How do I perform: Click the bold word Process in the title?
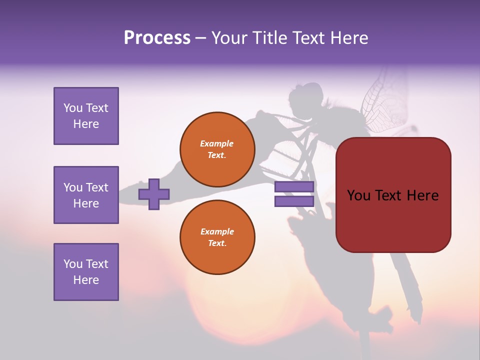coord(157,38)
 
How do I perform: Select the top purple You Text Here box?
coord(86,116)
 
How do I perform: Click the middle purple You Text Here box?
coord(86,195)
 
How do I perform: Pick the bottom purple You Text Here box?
coord(86,272)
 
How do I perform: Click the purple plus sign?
coord(154,194)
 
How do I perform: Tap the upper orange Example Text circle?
coord(217,149)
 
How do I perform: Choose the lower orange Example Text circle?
coord(217,237)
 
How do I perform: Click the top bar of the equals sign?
coord(294,187)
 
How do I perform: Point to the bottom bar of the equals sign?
coord(294,201)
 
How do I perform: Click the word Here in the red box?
coord(423,195)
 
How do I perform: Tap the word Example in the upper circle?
coord(217,143)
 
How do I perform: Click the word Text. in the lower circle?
coord(217,243)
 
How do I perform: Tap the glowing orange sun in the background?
coord(225,305)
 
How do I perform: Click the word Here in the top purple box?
coord(86,124)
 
